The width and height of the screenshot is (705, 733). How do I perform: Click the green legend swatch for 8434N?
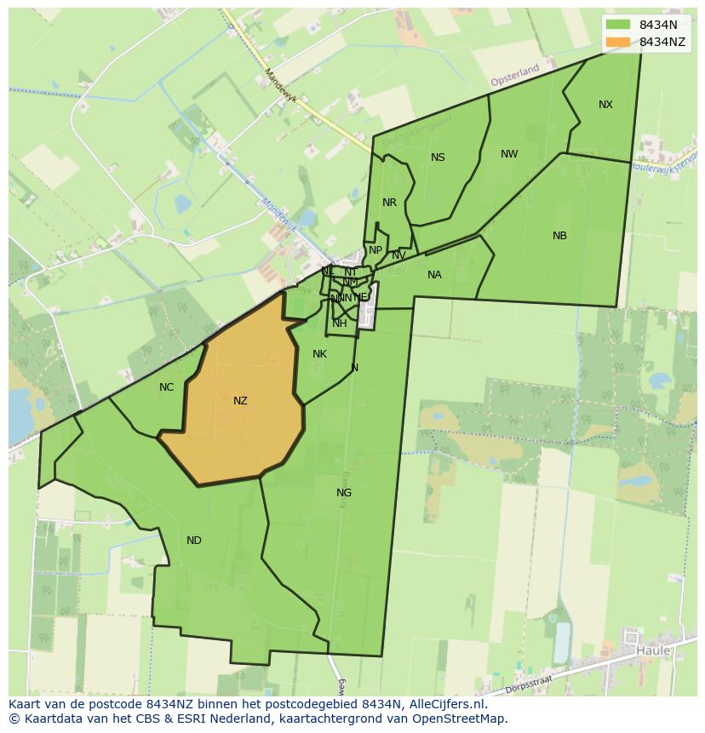coord(618,25)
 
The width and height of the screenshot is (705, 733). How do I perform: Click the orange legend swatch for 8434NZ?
coord(618,42)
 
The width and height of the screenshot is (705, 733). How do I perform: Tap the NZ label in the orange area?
coord(240,400)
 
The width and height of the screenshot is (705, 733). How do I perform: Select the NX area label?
coord(605,105)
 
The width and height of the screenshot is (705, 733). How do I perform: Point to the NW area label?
coord(509,154)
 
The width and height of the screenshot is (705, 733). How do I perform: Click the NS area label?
coord(438,157)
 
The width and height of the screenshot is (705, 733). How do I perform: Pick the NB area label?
coord(559,236)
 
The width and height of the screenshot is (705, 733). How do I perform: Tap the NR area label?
coord(389,203)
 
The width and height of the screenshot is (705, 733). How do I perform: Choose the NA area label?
coord(434,275)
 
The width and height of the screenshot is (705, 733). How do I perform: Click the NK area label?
coord(319,354)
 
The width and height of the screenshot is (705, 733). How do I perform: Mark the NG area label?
coord(344,493)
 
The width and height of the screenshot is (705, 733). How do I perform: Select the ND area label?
coord(194,541)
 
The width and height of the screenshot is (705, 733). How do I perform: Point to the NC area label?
coord(166,387)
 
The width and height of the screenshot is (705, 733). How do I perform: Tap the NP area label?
coord(375,251)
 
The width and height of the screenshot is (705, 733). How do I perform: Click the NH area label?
coord(340,324)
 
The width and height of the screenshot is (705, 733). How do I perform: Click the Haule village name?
coord(653,651)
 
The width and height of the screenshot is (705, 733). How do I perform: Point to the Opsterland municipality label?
coord(515,75)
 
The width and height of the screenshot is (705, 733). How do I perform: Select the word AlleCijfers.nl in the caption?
coord(445,704)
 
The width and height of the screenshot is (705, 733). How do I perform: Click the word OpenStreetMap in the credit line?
coord(462,719)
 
